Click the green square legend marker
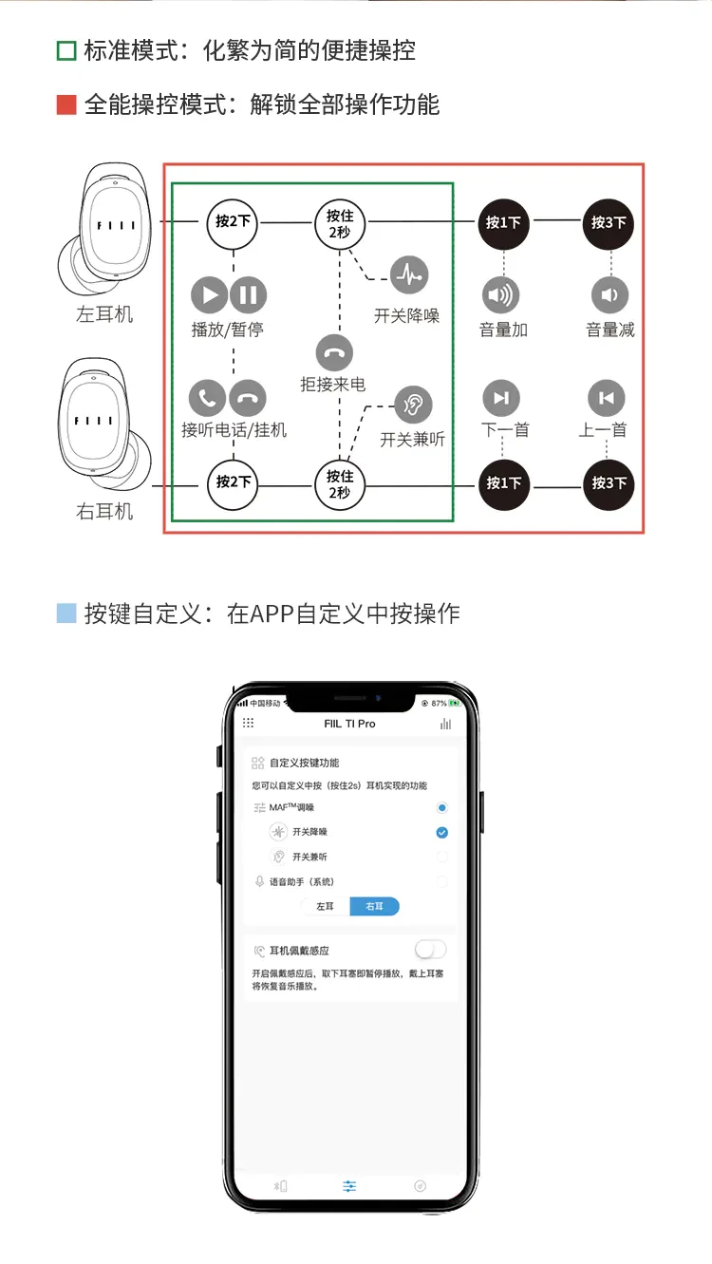click(66, 50)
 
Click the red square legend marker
click(66, 104)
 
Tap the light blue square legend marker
click(66, 613)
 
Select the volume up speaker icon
click(502, 295)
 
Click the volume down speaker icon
click(609, 295)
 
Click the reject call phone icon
click(333, 352)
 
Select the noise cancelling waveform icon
click(409, 275)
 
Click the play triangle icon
click(209, 295)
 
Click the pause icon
click(249, 295)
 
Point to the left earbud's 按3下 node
click(609, 223)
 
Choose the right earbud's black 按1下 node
click(503, 483)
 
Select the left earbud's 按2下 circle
click(234, 222)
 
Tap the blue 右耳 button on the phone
click(375, 906)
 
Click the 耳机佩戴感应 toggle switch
click(430, 950)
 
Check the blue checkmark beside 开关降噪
click(441, 833)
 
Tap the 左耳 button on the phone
click(325, 906)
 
